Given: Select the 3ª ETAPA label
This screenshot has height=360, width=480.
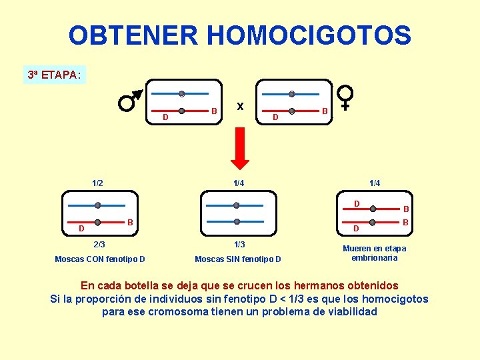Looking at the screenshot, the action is point(53,75).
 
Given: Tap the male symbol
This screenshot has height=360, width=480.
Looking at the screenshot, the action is point(130,101).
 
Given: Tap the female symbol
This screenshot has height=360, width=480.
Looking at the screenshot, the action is point(346,96).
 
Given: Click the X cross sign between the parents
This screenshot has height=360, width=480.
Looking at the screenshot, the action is point(240,106).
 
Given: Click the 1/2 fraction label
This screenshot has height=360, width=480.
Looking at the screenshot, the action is point(98,182).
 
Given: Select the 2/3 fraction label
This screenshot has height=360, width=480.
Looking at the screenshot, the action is point(99,244).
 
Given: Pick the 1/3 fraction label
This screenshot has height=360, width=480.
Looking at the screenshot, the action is point(238,244).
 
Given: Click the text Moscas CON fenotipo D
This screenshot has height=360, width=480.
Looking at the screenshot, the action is point(100,259).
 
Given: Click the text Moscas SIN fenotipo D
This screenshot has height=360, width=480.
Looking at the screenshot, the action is point(238,259).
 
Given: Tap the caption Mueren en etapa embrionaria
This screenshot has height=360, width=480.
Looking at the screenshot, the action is point(374,253).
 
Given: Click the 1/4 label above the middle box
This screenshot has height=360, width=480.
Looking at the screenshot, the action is point(238,182).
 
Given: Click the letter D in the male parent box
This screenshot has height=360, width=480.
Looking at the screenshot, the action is point(165,117).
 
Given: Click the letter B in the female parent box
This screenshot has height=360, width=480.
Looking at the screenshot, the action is point(325,111).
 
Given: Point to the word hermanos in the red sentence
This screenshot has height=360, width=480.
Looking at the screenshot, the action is point(284,285).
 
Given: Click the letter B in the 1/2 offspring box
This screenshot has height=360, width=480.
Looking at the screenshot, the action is point(131,221).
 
